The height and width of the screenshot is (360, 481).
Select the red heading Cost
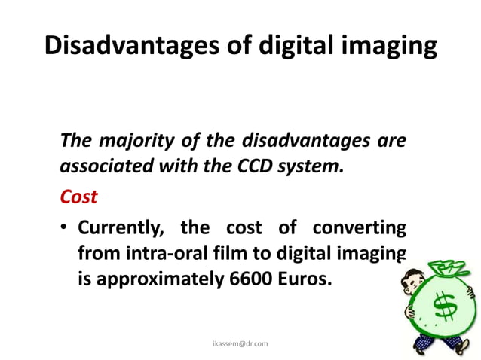pyautogui.click(x=78, y=196)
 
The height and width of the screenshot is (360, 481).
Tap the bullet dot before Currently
pyautogui.click(x=66, y=227)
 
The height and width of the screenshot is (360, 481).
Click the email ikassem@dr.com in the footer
pyautogui.click(x=240, y=343)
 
